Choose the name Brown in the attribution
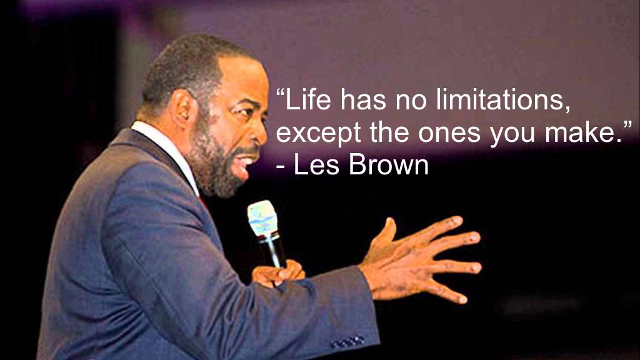389,165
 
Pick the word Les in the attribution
317,165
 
